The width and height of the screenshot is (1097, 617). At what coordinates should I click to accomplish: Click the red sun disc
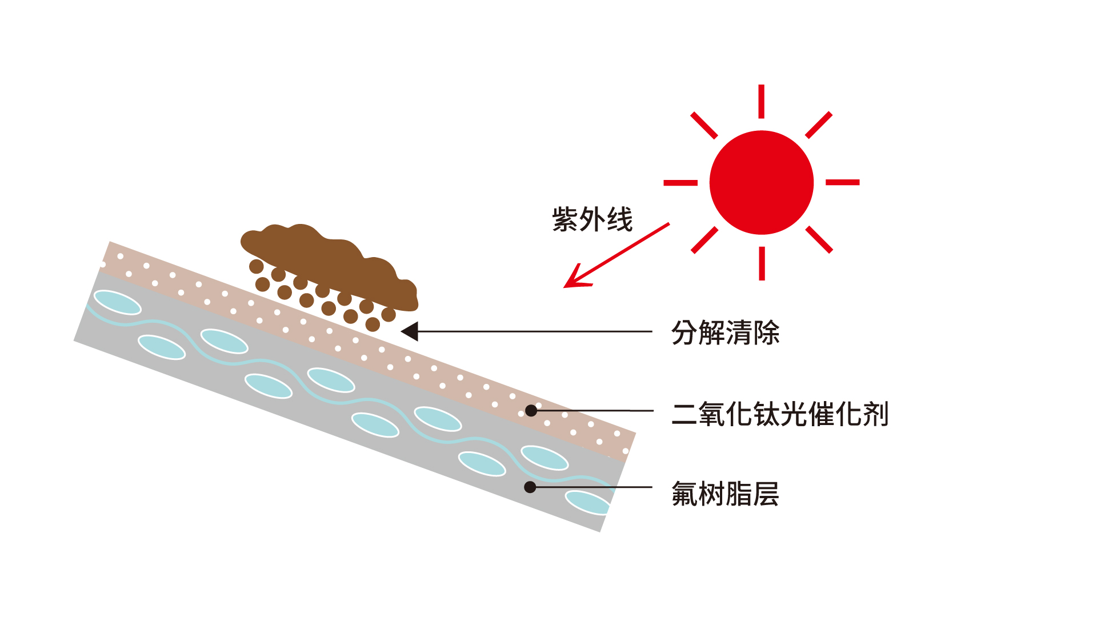pos(761,182)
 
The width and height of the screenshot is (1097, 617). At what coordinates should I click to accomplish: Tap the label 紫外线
pos(592,219)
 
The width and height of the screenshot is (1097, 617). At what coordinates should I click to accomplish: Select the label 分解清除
pos(725,332)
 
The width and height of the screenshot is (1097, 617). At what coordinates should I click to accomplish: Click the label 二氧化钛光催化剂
pos(780,414)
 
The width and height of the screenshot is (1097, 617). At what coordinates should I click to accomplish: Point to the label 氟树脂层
pos(725,494)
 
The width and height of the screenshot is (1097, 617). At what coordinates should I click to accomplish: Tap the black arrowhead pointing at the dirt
pos(410,331)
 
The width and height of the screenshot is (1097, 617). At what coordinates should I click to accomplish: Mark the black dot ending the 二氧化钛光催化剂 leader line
pos(531,410)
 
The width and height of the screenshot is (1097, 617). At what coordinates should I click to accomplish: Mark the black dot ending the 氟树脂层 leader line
pos(530,487)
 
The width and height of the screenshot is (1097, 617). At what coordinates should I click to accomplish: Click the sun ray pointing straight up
pos(762,101)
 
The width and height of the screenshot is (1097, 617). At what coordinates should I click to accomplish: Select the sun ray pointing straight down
pos(762,263)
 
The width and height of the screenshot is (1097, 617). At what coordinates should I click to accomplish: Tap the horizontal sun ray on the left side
pos(680,183)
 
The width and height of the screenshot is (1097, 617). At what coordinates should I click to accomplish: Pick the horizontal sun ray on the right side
pos(843,182)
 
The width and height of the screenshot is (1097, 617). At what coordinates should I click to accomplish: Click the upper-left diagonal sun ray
pos(704,125)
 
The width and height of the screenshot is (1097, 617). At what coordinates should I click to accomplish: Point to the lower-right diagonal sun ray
pos(819,239)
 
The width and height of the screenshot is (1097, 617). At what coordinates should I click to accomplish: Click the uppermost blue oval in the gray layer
pos(117,302)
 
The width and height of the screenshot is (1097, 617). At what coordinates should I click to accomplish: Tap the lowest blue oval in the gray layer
pos(588,502)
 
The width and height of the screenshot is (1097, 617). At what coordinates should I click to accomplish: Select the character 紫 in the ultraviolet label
pos(565,219)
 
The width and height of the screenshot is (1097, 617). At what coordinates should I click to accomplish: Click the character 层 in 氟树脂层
pos(766,494)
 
